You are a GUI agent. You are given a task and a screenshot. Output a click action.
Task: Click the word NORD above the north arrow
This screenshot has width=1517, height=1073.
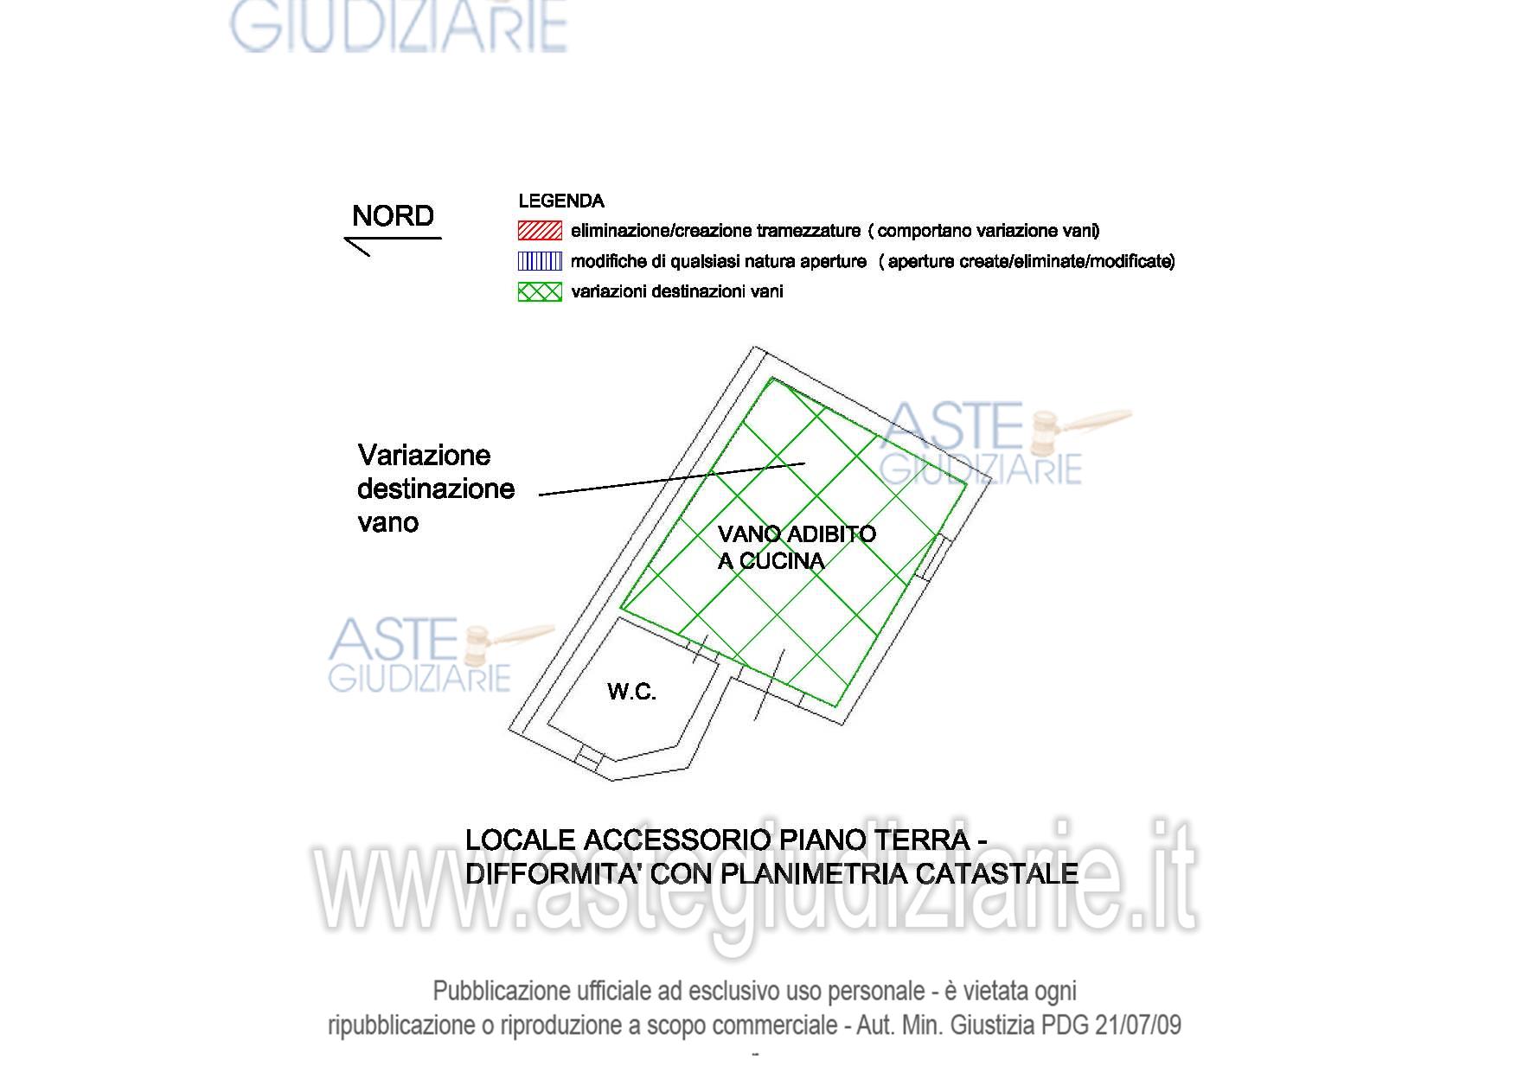coord(393,215)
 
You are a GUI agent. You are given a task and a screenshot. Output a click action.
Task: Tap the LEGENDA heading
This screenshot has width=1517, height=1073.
coord(560,201)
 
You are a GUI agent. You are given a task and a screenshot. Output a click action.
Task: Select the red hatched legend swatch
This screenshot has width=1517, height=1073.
coord(539,231)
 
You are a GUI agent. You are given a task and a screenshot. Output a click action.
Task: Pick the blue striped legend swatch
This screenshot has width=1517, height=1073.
coord(539,261)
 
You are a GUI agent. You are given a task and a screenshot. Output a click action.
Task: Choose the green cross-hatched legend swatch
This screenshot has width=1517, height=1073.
coord(539,291)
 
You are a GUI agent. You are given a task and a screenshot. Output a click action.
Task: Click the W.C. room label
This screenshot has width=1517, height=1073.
coord(631,691)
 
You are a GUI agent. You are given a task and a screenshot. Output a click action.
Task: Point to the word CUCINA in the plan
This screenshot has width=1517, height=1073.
coord(782,561)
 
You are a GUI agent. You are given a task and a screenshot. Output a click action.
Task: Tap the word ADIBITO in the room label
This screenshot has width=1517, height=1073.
coord(831,533)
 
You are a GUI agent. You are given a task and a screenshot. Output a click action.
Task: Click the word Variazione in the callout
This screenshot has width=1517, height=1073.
coord(424,455)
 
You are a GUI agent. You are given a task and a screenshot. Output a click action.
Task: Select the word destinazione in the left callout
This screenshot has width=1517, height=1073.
coord(435,489)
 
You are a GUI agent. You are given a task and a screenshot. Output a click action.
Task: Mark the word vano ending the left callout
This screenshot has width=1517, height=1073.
coord(387,522)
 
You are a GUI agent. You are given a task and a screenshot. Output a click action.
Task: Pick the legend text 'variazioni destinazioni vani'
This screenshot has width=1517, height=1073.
coord(676,291)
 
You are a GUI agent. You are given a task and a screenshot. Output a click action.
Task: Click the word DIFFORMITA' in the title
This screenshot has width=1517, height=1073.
coord(554,873)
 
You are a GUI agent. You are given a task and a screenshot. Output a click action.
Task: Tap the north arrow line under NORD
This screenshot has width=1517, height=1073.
coord(393,239)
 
